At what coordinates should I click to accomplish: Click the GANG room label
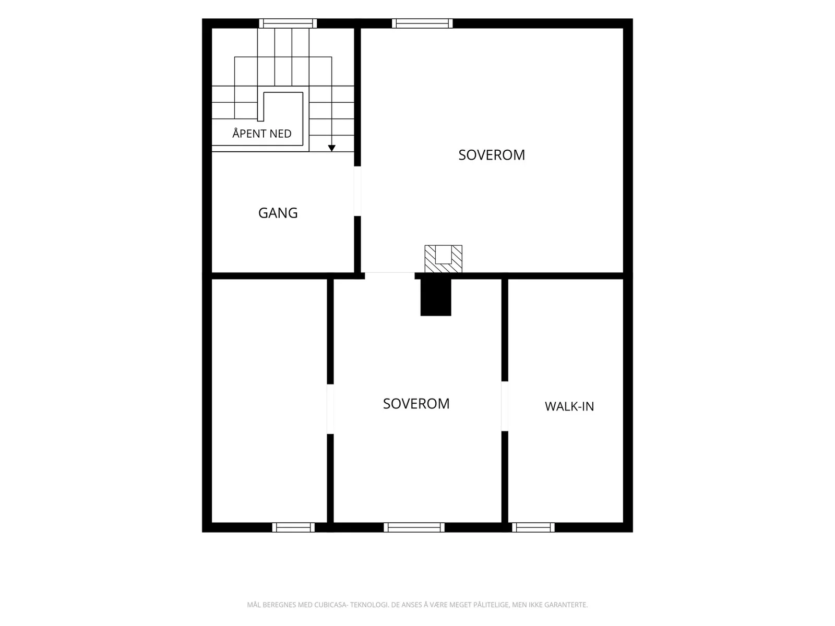[278, 213]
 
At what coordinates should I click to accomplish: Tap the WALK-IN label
[569, 406]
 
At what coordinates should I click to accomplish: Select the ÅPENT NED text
[262, 133]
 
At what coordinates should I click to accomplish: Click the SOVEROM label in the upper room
[492, 155]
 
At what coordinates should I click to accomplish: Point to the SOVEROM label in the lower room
[416, 404]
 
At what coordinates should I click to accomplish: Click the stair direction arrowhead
[332, 148]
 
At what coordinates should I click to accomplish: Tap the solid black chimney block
[436, 297]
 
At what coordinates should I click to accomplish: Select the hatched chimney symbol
[444, 259]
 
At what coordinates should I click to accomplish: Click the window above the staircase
[288, 23]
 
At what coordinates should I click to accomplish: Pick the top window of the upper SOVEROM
[422, 23]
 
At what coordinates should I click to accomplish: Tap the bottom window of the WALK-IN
[533, 527]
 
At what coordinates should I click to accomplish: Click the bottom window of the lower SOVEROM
[414, 527]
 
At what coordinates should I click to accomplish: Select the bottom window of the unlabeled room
[293, 527]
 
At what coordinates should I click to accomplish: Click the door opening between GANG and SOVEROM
[357, 191]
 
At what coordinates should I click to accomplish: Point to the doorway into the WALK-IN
[505, 406]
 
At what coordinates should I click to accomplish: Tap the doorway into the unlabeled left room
[330, 409]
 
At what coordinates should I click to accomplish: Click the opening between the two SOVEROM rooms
[389, 275]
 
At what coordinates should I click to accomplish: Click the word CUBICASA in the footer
[330, 604]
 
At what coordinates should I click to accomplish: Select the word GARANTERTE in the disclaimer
[566, 604]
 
